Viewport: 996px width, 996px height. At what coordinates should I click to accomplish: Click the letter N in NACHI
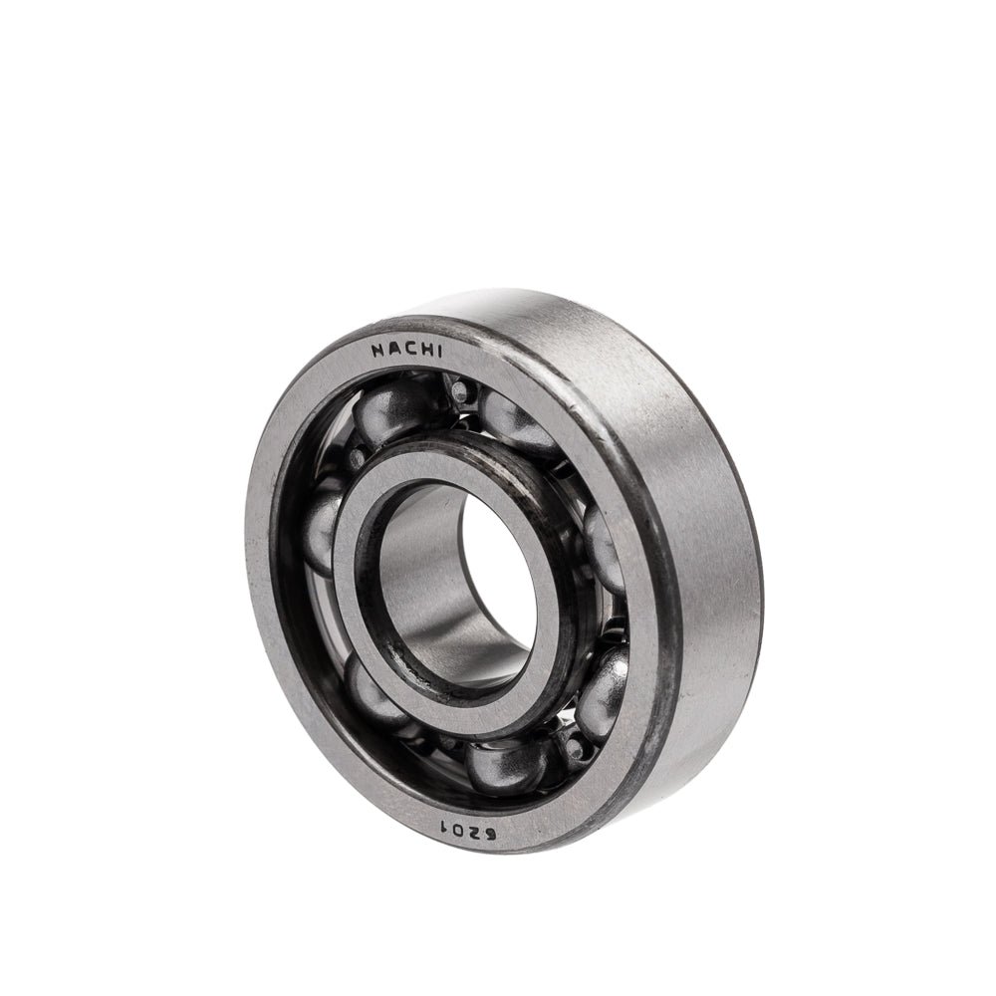click(x=377, y=352)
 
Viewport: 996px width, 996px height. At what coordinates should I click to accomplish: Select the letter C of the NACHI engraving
click(x=407, y=349)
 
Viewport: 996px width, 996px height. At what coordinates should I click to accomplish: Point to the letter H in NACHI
click(x=423, y=350)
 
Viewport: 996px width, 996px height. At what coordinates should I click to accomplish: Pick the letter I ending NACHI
click(x=436, y=351)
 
